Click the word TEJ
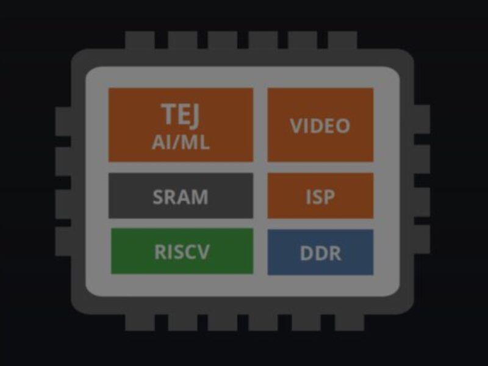pos(181,115)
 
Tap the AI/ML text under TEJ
pos(181,142)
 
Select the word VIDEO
pos(320,126)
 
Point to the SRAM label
pos(181,197)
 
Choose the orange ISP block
pos(320,196)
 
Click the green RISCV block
pos(182,251)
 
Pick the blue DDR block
pos(320,253)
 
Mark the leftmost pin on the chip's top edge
pos(140,41)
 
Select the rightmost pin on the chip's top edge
pos(342,41)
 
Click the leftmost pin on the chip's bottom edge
pos(140,323)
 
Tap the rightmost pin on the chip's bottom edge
pos(342,323)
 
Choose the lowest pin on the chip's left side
pos(63,242)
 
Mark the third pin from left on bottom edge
pos(223,323)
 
